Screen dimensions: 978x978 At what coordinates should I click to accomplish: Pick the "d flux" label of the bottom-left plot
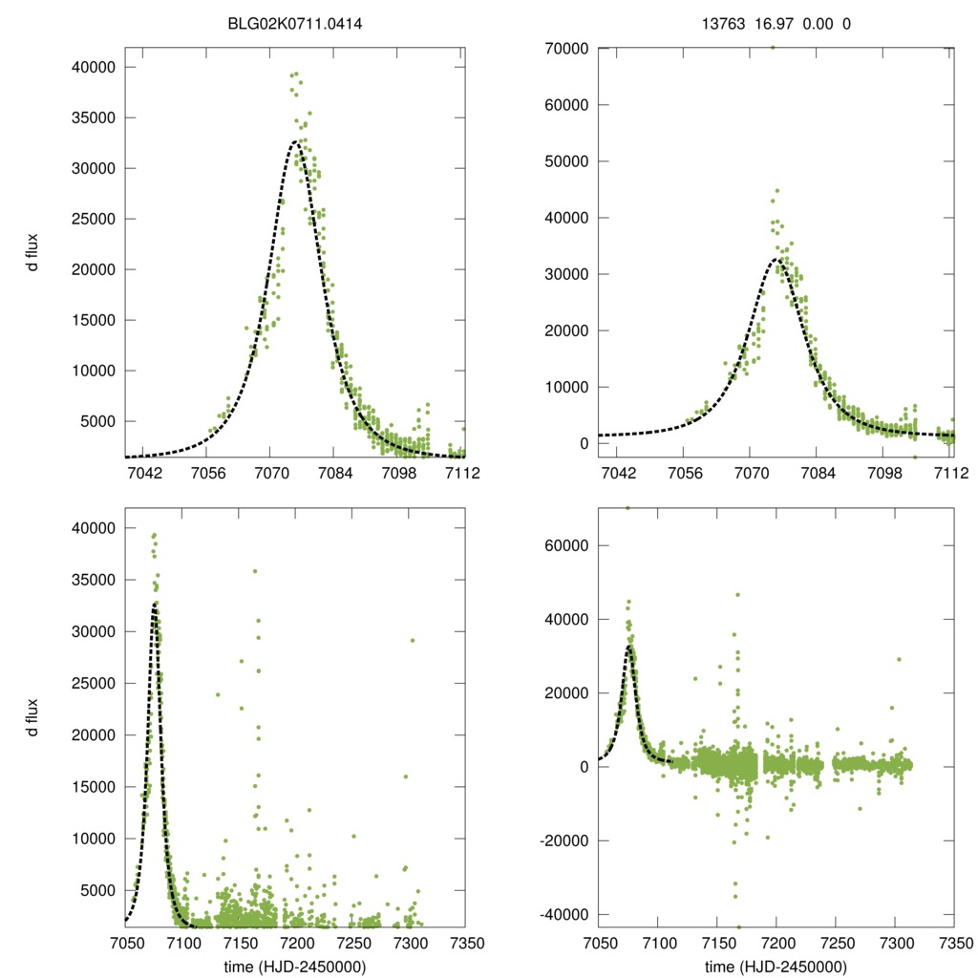(32, 716)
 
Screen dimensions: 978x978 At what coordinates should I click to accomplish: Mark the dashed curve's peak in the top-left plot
(296, 142)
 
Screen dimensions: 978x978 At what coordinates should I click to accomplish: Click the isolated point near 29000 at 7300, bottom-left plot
(413, 641)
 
